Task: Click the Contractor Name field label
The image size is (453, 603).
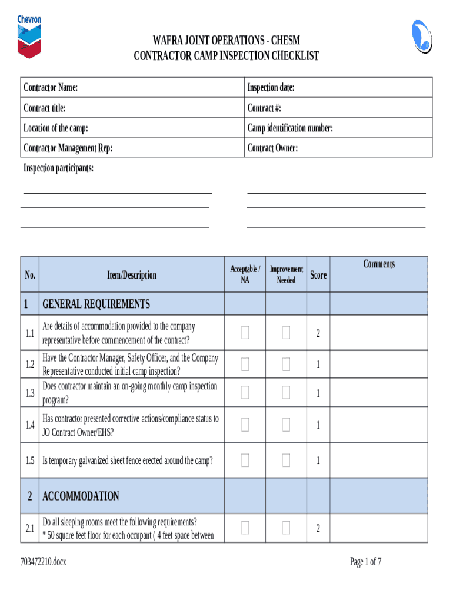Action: pos(51,88)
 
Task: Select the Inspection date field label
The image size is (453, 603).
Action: pos(271,88)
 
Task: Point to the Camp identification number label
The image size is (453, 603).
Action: pos(290,128)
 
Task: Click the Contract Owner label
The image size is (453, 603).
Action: pos(272,148)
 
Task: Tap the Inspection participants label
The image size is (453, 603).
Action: pos(58,168)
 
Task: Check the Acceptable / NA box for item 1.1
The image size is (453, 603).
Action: pos(245,333)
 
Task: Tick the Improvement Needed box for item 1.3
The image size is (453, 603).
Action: pos(286,393)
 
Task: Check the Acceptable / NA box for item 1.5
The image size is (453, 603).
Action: pos(245,460)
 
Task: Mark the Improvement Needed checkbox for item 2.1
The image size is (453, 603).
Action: pos(286,528)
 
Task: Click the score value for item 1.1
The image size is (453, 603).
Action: pos(318,334)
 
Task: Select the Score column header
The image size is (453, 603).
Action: pos(318,275)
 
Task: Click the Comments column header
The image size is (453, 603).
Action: pos(379,264)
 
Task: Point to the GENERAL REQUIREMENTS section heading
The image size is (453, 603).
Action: pos(96,304)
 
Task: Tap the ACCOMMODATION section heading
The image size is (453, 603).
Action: pos(81,496)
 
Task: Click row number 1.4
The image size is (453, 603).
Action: pos(30,425)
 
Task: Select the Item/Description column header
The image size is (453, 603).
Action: pos(132,275)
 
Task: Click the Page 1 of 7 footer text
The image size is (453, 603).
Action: pos(365,562)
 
